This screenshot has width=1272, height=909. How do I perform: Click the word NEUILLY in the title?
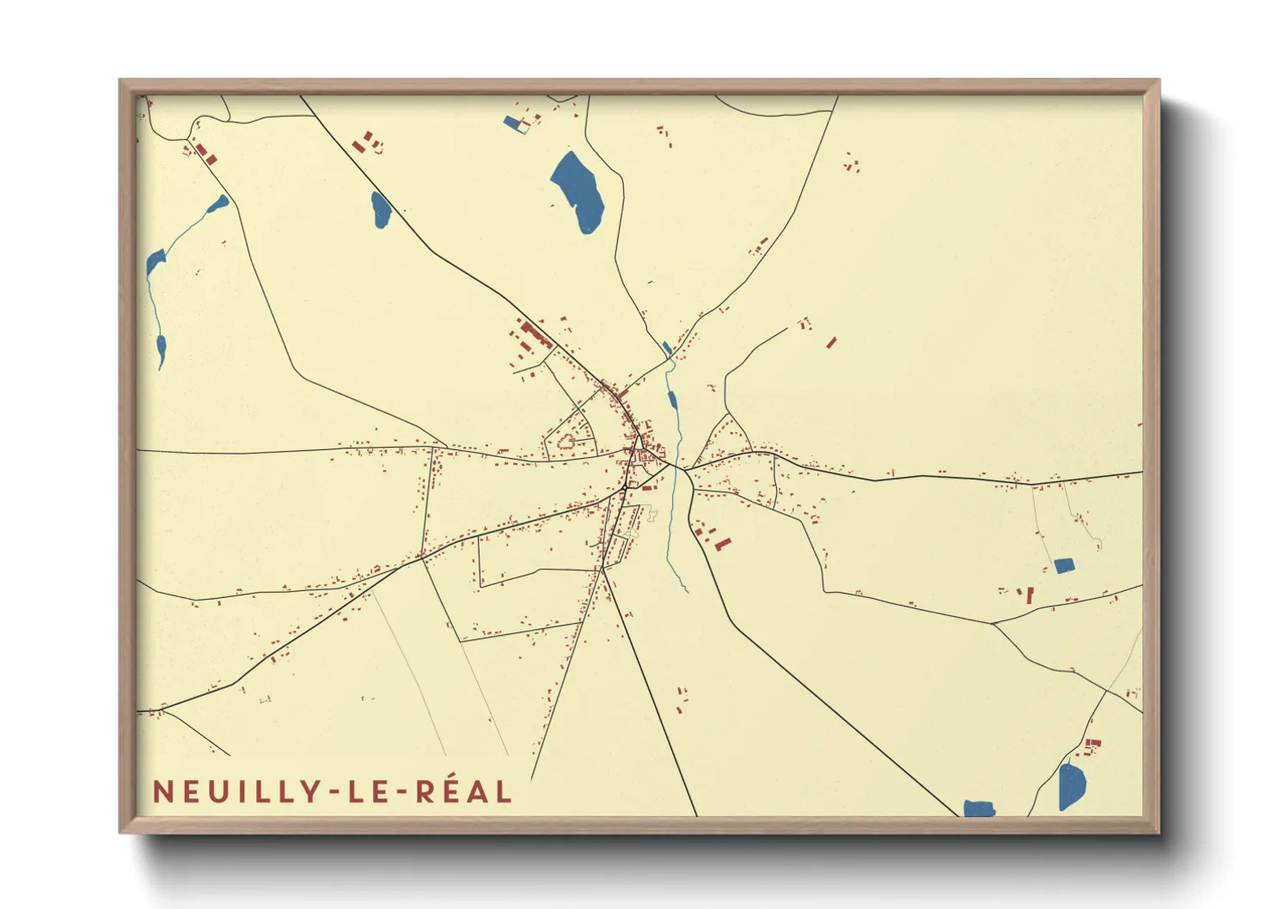pos(236,791)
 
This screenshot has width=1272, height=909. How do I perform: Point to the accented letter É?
pos(449,790)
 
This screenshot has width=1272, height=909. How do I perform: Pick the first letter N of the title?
pos(162,791)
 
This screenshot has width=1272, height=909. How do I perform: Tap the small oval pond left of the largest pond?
pos(381,210)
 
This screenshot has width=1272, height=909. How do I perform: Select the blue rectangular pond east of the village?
pos(1064,565)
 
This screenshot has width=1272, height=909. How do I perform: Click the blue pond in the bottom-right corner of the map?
pos(1072,785)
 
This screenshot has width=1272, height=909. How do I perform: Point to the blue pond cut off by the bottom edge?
pos(979,808)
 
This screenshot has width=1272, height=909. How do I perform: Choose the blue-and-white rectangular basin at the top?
pos(516,125)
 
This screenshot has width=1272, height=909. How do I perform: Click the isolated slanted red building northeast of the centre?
pos(831,343)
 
